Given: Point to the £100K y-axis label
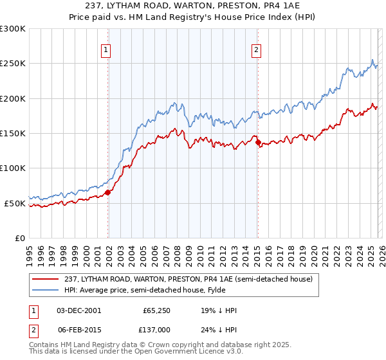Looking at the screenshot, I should click(13, 168).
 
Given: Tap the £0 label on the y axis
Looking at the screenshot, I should click(19, 238).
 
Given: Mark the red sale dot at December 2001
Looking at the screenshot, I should click(107, 192).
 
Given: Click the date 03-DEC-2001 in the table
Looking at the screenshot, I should click(79, 310).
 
